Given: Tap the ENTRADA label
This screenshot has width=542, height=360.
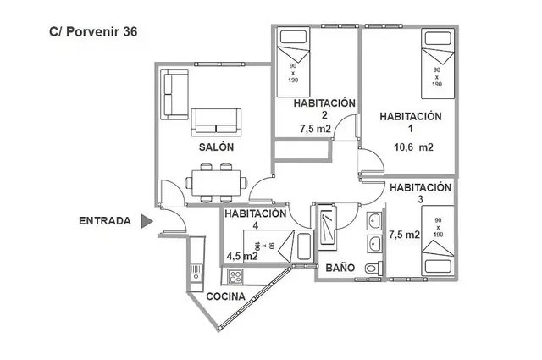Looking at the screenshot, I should [x=104, y=222].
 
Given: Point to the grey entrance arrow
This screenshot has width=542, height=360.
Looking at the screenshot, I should [x=147, y=222].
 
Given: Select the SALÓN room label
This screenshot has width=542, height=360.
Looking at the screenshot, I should [x=216, y=147].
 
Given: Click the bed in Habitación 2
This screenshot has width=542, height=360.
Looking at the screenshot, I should [x=294, y=62].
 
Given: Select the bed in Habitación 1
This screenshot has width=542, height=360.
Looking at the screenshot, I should [x=436, y=62].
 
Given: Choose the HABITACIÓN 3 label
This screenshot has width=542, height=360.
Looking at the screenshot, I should [x=421, y=193].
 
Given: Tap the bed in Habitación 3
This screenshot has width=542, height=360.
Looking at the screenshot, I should [x=437, y=240].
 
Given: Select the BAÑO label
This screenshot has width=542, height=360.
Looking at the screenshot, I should [x=340, y=268].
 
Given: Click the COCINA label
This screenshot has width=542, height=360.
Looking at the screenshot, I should [x=226, y=296].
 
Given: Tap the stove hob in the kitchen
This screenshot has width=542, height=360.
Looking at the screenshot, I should [x=233, y=276].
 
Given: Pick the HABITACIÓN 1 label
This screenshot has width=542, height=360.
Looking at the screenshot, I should [x=411, y=122].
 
